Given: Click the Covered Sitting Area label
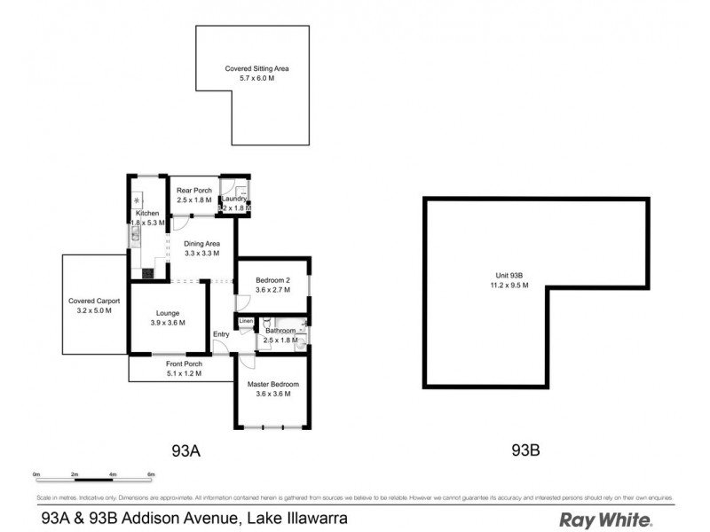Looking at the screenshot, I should pyautogui.click(x=256, y=68).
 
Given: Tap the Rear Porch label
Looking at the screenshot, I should pyautogui.click(x=193, y=191).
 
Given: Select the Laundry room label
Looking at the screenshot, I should pyautogui.click(x=234, y=199).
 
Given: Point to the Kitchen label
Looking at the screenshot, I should pyautogui.click(x=147, y=214).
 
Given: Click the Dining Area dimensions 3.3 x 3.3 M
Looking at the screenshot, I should pyautogui.click(x=201, y=254).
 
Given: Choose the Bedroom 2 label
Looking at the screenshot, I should pyautogui.click(x=273, y=278).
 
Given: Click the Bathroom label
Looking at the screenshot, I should pyautogui.click(x=280, y=331).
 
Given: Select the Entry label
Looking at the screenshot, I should pyautogui.click(x=221, y=334).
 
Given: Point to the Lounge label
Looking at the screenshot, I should pyautogui.click(x=167, y=313).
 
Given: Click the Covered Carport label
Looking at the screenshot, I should pyautogui.click(x=93, y=301).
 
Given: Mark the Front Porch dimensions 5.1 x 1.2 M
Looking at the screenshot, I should pyautogui.click(x=184, y=374).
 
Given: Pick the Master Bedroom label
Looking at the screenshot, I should pyautogui.click(x=273, y=384).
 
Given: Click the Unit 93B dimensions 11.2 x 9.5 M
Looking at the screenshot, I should pyautogui.click(x=509, y=286).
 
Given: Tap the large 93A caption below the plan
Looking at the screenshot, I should pyautogui.click(x=186, y=450).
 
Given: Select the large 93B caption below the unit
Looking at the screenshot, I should pyautogui.click(x=525, y=450).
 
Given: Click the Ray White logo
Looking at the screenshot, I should pyautogui.click(x=605, y=520).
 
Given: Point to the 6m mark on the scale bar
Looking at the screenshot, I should pyautogui.click(x=152, y=475).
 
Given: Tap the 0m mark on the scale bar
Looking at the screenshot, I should pyautogui.click(x=37, y=475).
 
